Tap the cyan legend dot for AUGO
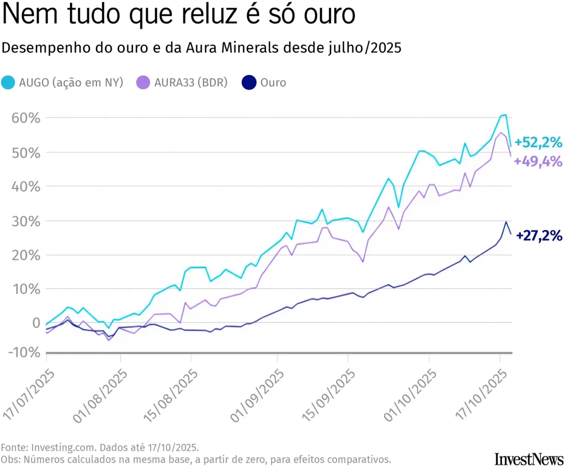tap(8, 83)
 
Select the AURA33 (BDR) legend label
tap(190, 83)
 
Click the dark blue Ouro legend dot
tap(249, 83)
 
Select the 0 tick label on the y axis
tap(35, 323)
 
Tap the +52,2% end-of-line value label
tap(538, 143)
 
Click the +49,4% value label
tap(538, 162)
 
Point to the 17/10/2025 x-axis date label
tap(479, 396)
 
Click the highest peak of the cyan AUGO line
tap(505, 115)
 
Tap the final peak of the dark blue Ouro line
tap(505, 222)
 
